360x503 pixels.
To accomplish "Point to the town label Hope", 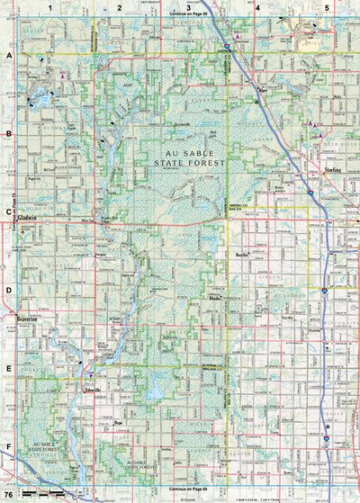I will point(118,421).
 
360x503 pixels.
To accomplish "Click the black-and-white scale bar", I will point(42,495).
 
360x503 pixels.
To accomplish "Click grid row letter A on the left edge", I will point(8,55).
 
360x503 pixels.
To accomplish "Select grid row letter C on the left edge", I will point(8,213).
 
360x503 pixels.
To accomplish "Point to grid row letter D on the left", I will point(8,291).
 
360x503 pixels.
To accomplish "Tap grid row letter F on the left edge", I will point(8,446).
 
